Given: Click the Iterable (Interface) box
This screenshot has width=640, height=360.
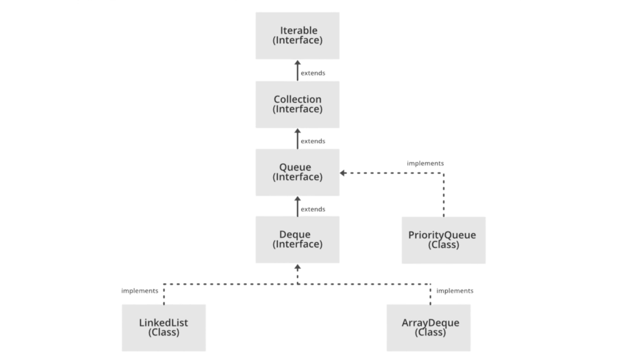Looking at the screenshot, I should (x=297, y=36).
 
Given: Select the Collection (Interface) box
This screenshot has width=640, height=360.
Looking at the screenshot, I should (x=297, y=104).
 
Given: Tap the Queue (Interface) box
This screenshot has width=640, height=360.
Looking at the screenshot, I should (x=297, y=172).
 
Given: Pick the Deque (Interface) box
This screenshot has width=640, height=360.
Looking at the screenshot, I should (x=297, y=239).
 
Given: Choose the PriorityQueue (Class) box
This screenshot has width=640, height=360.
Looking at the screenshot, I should (x=443, y=240).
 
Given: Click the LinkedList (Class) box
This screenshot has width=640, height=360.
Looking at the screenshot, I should (x=164, y=327).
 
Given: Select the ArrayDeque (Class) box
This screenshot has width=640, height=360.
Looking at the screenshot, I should (x=429, y=327).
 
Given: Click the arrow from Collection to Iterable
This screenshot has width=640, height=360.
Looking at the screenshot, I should (x=297, y=71).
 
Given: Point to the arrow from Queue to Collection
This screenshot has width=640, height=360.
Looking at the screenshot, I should (x=297, y=139).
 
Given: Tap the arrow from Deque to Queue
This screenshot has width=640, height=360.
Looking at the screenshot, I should (x=297, y=206).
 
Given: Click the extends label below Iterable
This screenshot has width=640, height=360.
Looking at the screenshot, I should (x=312, y=73).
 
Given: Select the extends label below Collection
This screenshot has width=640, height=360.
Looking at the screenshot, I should (x=312, y=141).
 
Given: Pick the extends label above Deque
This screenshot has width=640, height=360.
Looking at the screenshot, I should (x=312, y=209).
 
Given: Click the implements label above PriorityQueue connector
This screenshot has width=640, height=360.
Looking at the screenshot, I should (x=425, y=163).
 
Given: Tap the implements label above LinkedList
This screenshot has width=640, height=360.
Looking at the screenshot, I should (x=139, y=291).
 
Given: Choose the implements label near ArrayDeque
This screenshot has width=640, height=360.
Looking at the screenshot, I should (x=454, y=291).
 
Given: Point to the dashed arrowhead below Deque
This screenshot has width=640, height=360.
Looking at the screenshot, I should (x=297, y=268).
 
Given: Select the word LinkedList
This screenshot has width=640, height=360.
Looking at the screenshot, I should (x=163, y=323).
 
